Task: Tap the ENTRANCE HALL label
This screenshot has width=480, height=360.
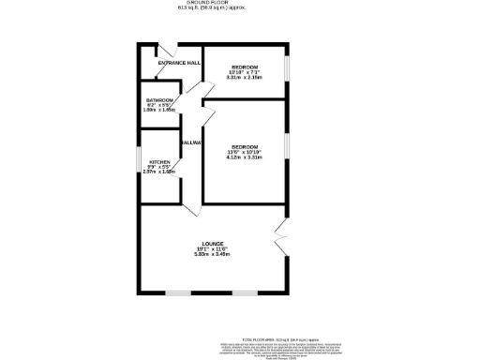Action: pyautogui.click(x=178, y=63)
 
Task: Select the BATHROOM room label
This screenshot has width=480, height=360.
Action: pyautogui.click(x=159, y=100)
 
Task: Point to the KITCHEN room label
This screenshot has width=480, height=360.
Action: pyautogui.click(x=159, y=162)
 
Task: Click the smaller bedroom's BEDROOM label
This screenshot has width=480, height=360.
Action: pyautogui.click(x=246, y=68)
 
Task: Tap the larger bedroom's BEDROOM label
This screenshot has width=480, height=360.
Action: pyautogui.click(x=245, y=147)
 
